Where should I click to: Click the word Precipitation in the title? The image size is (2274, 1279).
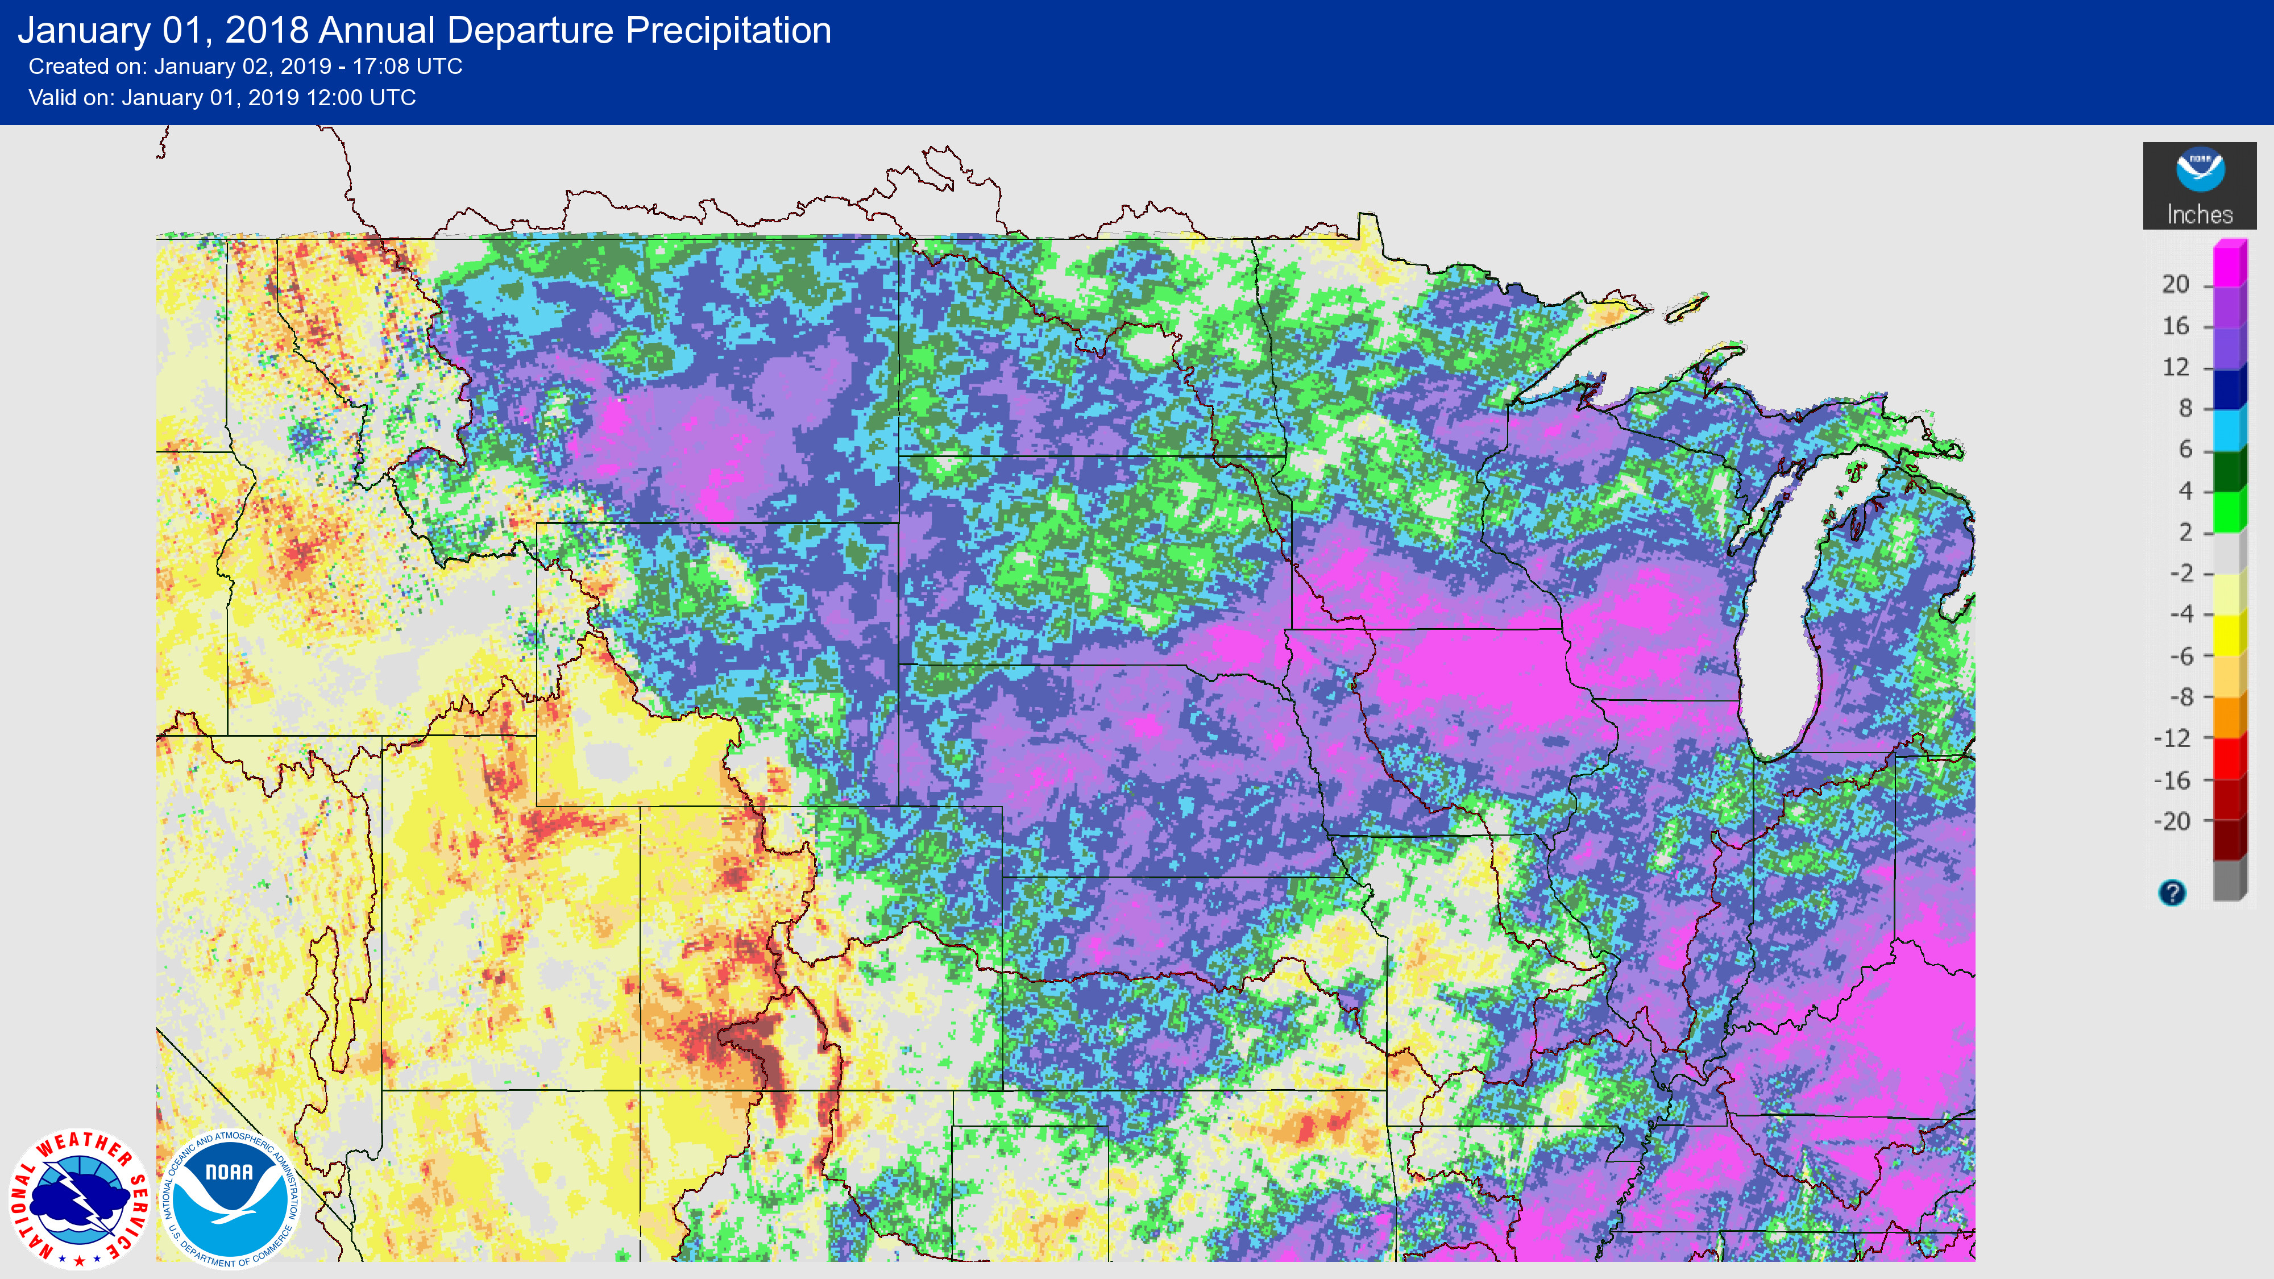(728, 31)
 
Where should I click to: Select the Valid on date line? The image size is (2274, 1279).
(222, 98)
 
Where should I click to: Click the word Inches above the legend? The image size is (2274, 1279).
(2199, 214)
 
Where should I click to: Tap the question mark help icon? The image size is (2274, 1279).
(2172, 892)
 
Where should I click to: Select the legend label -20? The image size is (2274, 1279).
(2172, 822)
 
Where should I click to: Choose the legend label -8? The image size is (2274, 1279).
(2180, 697)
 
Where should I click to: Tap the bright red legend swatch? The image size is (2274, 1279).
(2229, 758)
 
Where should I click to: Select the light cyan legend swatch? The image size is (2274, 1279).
(2229, 430)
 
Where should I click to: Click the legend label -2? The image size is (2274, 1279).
(2180, 574)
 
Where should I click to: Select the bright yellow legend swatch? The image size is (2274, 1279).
(2229, 634)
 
